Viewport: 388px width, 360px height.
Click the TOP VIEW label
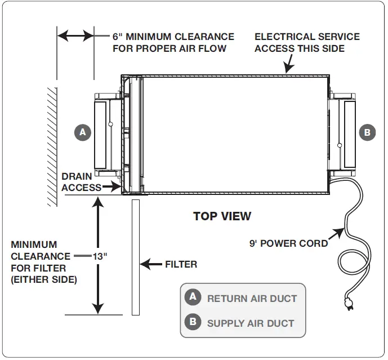point(222,216)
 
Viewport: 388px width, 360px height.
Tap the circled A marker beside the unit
point(83,132)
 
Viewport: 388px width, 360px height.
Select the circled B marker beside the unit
point(367,132)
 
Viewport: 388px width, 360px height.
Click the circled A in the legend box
point(193,297)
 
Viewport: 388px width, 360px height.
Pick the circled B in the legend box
point(193,322)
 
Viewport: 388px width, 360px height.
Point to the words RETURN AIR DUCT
point(252,299)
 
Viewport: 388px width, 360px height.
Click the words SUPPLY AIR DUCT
point(251,323)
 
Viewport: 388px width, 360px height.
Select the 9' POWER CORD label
point(288,244)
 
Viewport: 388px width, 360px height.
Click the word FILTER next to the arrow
point(181,264)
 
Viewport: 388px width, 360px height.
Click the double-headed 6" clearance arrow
point(75,37)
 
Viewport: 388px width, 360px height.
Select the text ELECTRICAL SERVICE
point(307,37)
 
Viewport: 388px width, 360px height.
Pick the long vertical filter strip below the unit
point(135,256)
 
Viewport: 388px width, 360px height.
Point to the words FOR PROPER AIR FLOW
point(170,48)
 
